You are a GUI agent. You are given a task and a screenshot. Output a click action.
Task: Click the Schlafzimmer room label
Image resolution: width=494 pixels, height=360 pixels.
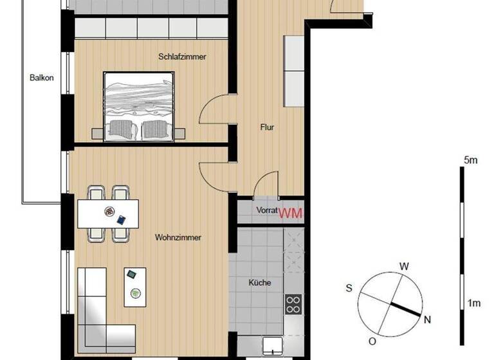[182, 57]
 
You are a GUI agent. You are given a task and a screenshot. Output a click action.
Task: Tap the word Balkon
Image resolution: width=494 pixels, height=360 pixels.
[42, 78]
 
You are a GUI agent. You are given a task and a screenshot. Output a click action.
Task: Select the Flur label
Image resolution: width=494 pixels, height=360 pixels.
[268, 127]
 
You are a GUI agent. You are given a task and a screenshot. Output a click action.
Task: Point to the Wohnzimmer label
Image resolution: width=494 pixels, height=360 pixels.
[178, 237]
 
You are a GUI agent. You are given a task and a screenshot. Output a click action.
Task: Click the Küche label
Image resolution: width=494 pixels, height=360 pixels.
[260, 282]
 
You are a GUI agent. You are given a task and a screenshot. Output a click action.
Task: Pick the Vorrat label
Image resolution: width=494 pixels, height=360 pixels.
[266, 210]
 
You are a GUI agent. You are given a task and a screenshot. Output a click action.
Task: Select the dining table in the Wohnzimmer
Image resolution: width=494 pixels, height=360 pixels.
[108, 213]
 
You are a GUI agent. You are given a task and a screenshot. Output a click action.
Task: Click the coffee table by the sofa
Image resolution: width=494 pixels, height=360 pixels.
[135, 286]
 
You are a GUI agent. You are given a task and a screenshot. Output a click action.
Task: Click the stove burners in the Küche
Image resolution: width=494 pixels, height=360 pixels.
[293, 303]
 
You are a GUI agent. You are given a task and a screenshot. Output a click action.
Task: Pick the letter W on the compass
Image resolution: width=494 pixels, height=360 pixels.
[405, 265]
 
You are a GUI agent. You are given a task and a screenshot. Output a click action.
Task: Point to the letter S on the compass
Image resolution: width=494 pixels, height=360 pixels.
[349, 288]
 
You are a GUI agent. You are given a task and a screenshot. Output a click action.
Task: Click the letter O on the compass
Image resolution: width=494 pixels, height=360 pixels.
[372, 341]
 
